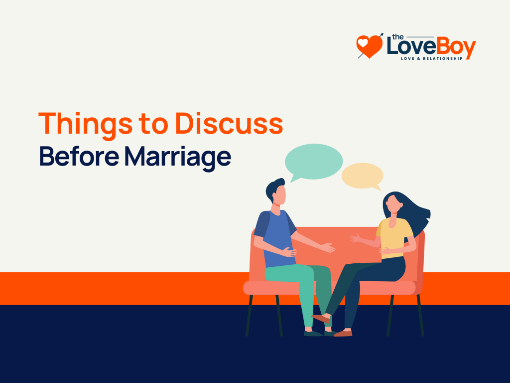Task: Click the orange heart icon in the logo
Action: [x=369, y=46]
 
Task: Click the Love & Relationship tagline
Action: [x=432, y=58]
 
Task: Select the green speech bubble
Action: [x=313, y=162]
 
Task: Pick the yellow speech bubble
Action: [x=363, y=176]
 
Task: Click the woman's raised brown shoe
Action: [x=320, y=318]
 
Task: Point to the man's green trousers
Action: [x=299, y=284]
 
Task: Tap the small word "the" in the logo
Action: [x=397, y=36]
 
